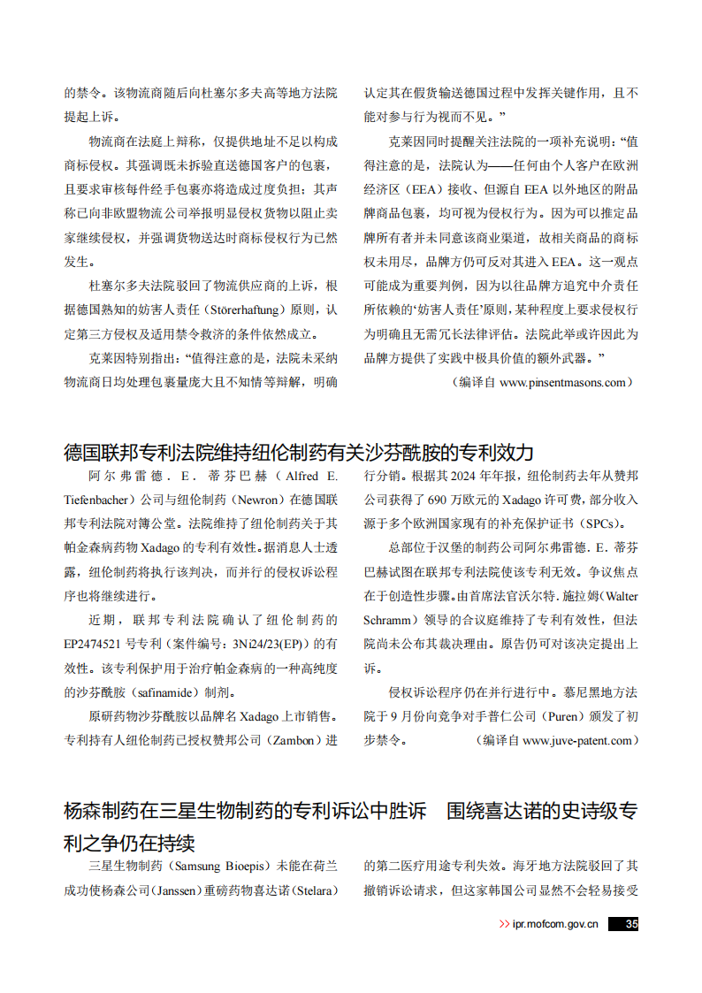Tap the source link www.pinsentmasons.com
[563, 383]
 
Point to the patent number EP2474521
[99, 645]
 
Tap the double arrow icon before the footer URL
[504, 924]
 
